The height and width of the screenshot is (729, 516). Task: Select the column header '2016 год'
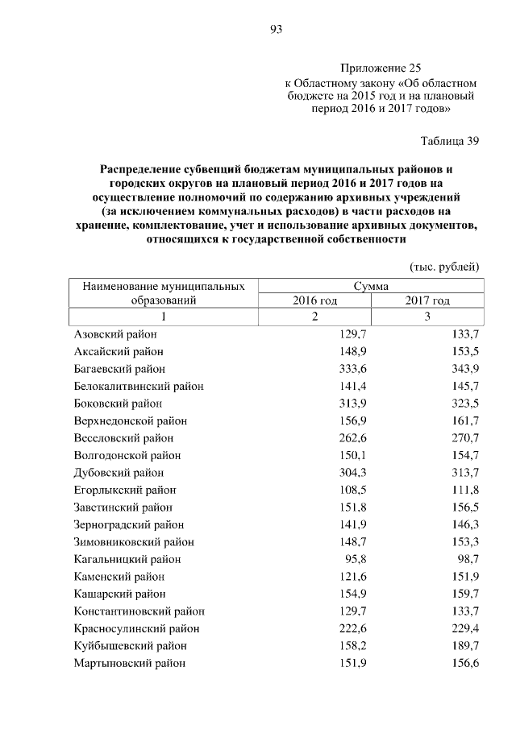click(x=314, y=300)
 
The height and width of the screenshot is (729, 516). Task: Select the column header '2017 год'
click(x=427, y=300)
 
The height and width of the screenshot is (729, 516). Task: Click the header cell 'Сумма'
click(x=371, y=286)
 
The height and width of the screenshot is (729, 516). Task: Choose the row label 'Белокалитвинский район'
click(x=138, y=386)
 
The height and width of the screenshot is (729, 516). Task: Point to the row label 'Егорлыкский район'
click(x=124, y=490)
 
